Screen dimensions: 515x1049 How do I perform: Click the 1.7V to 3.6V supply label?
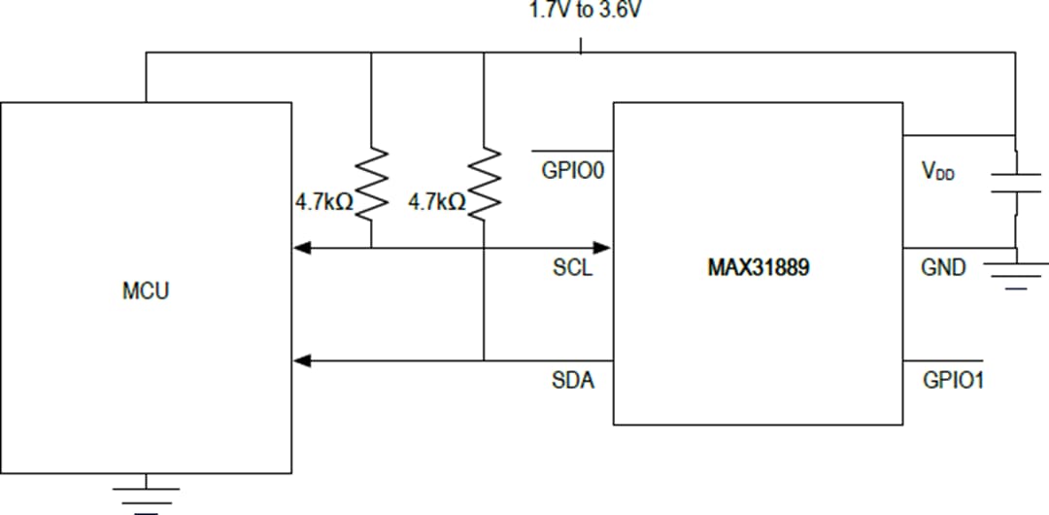tap(580, 12)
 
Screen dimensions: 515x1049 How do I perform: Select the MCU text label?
tap(146, 291)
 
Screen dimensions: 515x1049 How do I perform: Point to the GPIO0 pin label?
tap(573, 172)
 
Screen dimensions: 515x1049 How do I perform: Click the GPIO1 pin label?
tap(953, 380)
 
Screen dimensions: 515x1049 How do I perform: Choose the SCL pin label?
tap(572, 268)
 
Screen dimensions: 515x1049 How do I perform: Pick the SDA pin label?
tap(573, 381)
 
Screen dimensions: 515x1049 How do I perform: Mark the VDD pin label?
tap(937, 172)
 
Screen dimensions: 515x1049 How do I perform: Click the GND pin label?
tap(943, 268)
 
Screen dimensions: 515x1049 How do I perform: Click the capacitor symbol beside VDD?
tap(1015, 183)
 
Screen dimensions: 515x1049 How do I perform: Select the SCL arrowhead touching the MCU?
tap(302, 248)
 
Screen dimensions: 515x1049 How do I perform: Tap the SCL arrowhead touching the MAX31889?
tap(602, 248)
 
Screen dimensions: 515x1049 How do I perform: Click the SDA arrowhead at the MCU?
tap(302, 360)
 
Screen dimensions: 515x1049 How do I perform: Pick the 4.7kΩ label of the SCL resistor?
tap(324, 203)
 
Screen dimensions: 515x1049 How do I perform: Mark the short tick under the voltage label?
tap(581, 46)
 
